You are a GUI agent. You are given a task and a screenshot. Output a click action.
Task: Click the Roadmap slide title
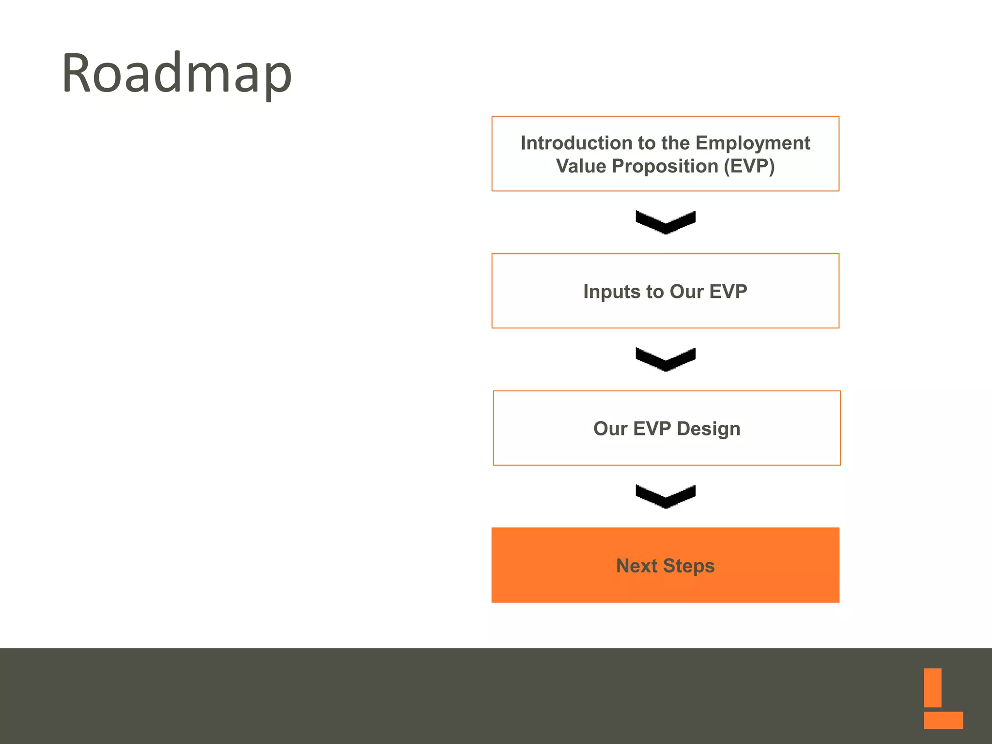(177, 74)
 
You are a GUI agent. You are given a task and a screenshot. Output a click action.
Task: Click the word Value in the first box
(581, 166)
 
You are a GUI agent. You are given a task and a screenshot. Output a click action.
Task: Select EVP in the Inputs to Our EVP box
(728, 292)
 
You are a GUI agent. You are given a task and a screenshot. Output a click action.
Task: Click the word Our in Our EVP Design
(610, 429)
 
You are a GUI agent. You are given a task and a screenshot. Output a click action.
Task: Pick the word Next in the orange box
(636, 566)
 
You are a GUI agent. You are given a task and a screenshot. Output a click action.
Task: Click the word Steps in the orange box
(688, 566)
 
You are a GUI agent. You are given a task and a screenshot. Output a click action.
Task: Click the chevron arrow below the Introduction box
(666, 223)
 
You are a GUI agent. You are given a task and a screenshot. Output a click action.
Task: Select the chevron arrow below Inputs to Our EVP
(666, 360)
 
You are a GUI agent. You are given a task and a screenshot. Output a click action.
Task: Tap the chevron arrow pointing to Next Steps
(666, 497)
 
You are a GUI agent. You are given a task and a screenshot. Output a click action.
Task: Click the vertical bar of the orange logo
(932, 687)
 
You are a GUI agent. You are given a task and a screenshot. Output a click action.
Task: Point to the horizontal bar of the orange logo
(943, 720)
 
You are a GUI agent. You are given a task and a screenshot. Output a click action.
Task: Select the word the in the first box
(675, 143)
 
